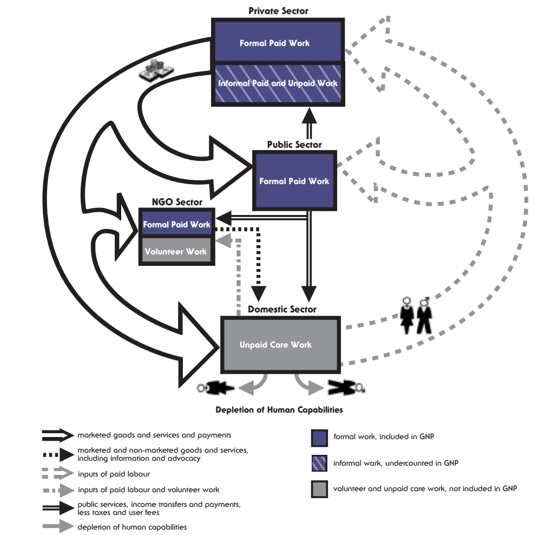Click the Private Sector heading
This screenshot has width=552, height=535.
coord(278,11)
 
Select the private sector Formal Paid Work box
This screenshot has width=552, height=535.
coord(276,42)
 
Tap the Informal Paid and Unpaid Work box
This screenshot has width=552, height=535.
coord(278,83)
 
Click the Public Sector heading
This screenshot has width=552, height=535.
coord(294,145)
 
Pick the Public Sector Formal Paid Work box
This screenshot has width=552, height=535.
coord(294,181)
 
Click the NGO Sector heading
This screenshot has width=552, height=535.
coord(176,202)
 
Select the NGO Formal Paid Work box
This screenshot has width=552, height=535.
coord(176,224)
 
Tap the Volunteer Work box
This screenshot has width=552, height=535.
coord(176,251)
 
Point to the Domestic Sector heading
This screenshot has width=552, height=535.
coord(282,309)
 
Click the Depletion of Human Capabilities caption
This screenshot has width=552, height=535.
coord(279,409)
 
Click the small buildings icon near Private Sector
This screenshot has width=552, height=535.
coord(155,71)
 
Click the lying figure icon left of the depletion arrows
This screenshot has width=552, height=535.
coord(216,387)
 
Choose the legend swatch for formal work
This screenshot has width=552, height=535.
coord(319,438)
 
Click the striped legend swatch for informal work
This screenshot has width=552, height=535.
coord(319,464)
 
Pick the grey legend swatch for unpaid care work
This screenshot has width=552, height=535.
coord(319,489)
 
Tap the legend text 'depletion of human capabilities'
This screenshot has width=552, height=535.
coord(132,527)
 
